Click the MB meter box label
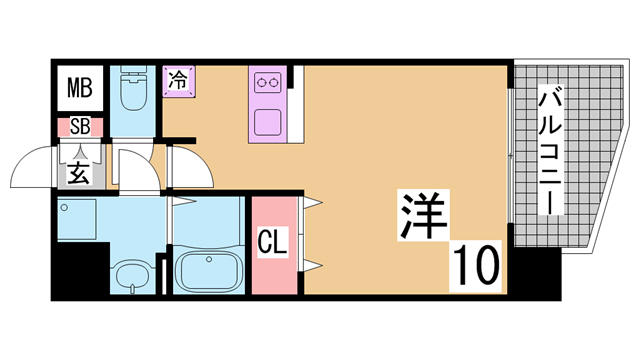[x=80, y=88]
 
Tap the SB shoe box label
[x=80, y=127]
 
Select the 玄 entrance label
[x=79, y=172]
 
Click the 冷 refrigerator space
[x=178, y=81]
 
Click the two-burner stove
[x=268, y=83]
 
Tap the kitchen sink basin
[x=268, y=122]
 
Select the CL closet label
[x=272, y=241]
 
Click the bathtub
[x=209, y=271]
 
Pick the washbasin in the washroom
[x=133, y=277]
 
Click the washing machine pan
[x=77, y=219]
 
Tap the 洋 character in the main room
[x=423, y=215]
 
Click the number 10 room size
[x=476, y=265]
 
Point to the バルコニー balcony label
[x=550, y=150]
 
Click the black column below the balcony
[x=535, y=273]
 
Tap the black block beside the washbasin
[x=80, y=268]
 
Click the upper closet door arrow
[x=313, y=202]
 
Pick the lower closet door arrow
[x=313, y=266]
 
